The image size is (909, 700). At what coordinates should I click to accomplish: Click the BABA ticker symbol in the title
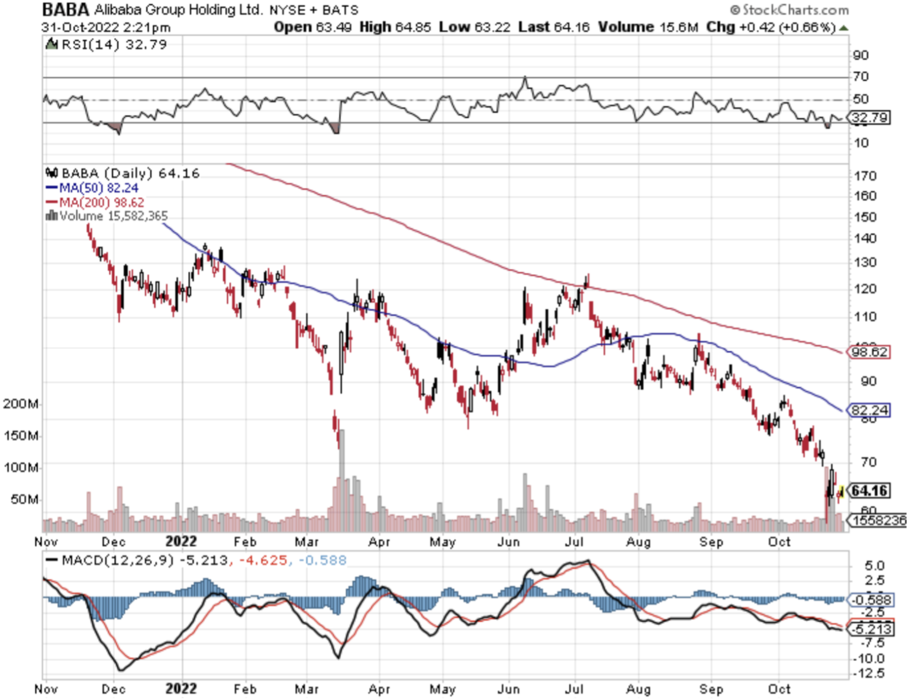point(66,10)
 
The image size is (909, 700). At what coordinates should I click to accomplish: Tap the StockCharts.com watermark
point(789,10)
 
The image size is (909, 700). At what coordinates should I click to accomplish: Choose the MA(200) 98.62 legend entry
point(101,203)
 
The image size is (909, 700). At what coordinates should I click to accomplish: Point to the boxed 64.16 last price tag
point(869,490)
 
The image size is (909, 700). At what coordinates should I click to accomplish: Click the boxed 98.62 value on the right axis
point(869,352)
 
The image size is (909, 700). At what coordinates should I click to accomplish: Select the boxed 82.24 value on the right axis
point(869,410)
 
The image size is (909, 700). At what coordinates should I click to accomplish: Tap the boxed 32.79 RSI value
point(869,118)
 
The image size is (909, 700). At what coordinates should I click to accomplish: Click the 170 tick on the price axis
point(865,176)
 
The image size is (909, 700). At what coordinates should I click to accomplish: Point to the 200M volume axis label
point(21,404)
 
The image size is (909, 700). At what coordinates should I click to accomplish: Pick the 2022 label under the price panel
point(181,541)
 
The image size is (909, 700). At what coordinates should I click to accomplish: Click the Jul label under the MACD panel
point(573,689)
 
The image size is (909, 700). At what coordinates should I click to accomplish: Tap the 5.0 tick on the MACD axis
point(874,566)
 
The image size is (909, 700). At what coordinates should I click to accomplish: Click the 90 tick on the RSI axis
point(860,55)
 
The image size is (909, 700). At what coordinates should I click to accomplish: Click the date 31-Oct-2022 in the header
point(80,27)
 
